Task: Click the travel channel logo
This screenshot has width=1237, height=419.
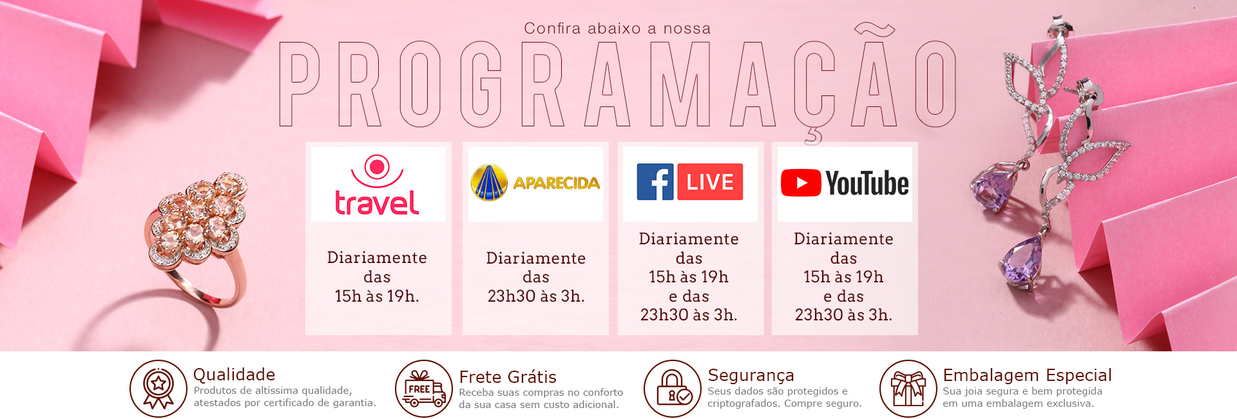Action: (x=378, y=185)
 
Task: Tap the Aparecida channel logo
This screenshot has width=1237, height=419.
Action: (x=535, y=183)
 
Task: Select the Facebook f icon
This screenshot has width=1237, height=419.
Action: (x=655, y=182)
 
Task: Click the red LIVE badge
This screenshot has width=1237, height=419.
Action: (x=710, y=182)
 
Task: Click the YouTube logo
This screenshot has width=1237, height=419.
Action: (x=845, y=183)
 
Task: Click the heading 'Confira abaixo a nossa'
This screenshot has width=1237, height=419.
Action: (x=617, y=28)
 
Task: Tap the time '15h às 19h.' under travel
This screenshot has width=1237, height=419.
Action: (x=377, y=296)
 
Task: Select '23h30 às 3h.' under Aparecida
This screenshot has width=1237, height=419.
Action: (x=536, y=296)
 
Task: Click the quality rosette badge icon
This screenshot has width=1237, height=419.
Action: (x=158, y=389)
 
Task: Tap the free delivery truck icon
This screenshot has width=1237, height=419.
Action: (x=424, y=389)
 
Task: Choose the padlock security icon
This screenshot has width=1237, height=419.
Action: (x=673, y=389)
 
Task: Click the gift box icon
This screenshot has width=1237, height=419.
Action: (x=908, y=389)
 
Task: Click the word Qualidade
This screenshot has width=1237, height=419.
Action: (x=235, y=375)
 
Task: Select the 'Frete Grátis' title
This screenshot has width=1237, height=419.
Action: (x=508, y=377)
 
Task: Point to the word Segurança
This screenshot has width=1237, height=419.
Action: (x=751, y=376)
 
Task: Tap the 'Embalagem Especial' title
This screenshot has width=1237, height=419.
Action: (x=1028, y=375)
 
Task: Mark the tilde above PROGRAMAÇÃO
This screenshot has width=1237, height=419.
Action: (x=874, y=28)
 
